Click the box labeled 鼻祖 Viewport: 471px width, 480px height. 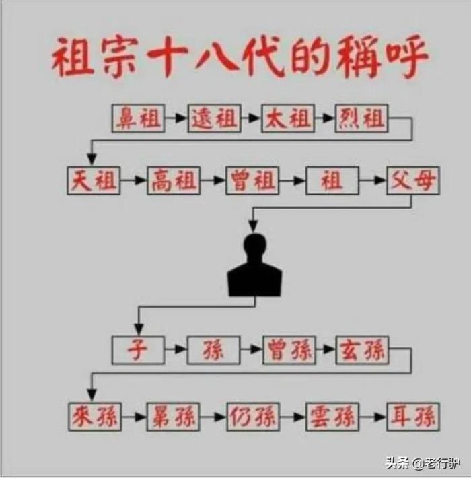click(x=138, y=118)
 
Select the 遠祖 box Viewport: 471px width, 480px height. click(x=214, y=118)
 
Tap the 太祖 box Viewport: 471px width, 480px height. click(x=288, y=118)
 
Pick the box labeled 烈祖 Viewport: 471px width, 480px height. click(x=362, y=118)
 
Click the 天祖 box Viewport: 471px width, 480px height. click(x=94, y=180)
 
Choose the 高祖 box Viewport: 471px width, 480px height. click(x=174, y=180)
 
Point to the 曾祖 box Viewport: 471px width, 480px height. click(x=252, y=180)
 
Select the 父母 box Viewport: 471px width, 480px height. click(x=413, y=180)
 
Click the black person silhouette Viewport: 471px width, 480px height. click(x=254, y=265)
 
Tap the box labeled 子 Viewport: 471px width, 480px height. click(x=138, y=350)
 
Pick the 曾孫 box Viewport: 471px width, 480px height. click(x=289, y=350)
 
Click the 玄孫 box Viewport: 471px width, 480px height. click(x=363, y=350)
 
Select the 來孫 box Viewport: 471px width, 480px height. click(x=95, y=417)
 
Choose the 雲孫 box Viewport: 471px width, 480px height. click(x=332, y=417)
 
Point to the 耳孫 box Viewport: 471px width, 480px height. click(x=413, y=417)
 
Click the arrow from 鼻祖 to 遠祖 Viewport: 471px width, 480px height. click(x=176, y=118)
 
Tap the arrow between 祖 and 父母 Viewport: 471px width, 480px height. click(x=373, y=180)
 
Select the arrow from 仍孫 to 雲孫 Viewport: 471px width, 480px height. click(x=293, y=417)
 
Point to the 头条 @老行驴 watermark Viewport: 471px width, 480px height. click(x=423, y=463)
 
